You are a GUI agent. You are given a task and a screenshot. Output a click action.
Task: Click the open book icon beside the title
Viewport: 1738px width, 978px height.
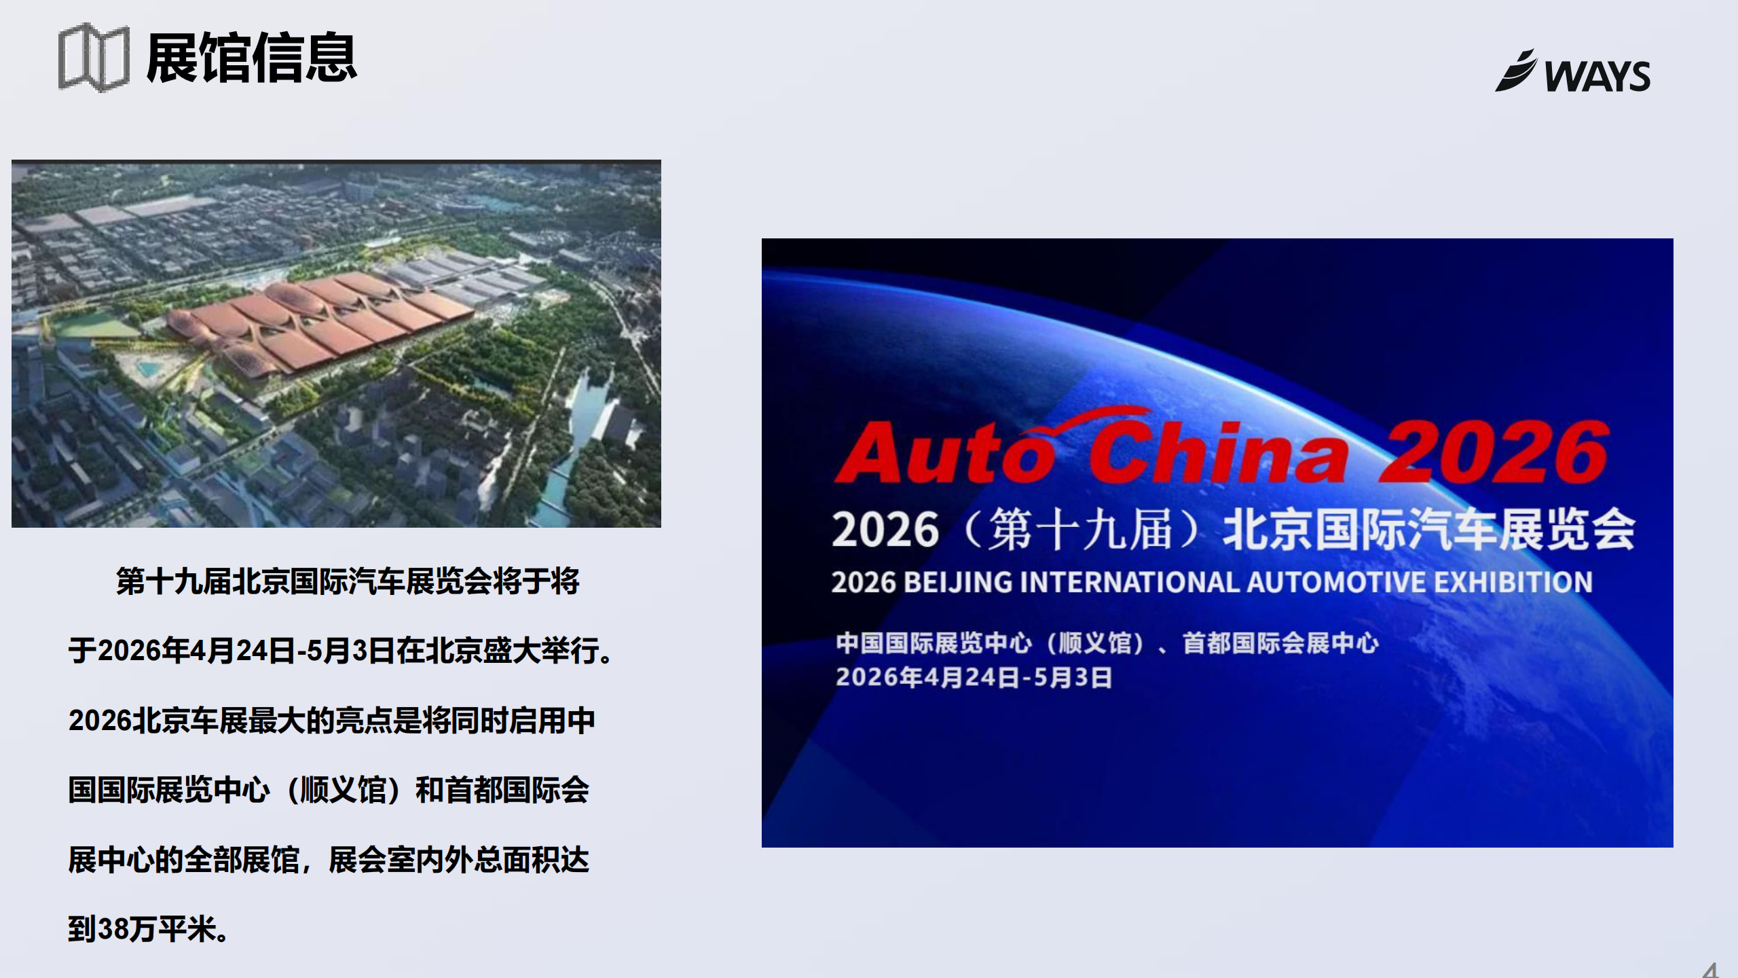[94, 58]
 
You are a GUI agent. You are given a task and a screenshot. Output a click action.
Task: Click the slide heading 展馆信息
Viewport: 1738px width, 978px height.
[251, 58]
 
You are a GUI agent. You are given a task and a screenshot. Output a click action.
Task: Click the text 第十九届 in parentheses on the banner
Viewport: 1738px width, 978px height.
[1079, 530]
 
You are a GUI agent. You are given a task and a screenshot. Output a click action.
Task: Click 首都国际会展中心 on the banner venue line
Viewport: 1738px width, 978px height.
[1280, 642]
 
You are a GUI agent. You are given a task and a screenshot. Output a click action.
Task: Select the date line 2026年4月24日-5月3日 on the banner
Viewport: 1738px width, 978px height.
[974, 677]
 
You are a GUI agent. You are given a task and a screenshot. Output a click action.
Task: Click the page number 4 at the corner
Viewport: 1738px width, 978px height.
[1710, 970]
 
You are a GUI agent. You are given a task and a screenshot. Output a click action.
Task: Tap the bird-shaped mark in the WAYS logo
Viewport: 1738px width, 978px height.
[1515, 71]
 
